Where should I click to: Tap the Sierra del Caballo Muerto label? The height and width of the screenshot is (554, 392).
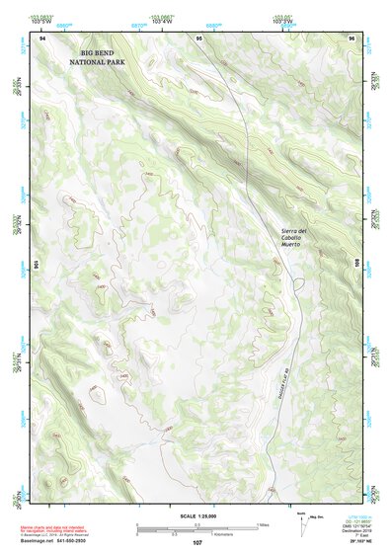click(x=294, y=238)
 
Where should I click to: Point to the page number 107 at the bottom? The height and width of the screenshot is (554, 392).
click(x=197, y=544)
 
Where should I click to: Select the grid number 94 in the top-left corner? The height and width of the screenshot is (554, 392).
click(x=42, y=38)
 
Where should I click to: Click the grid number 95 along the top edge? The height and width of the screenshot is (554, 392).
click(x=199, y=38)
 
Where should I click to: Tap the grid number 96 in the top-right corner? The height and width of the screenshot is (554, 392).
click(x=352, y=38)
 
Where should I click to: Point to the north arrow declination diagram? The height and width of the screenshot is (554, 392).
click(x=302, y=524)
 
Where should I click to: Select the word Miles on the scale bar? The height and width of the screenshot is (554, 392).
click(x=263, y=524)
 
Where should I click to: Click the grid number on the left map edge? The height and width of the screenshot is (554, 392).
click(x=37, y=265)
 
